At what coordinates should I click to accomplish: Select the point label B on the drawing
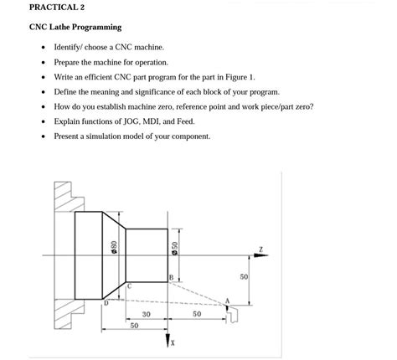tap(170, 277)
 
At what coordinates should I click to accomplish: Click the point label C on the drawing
tap(130, 285)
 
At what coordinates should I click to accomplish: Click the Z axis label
tap(262, 249)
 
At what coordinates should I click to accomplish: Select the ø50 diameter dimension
tap(174, 248)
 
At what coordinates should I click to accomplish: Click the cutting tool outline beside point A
tap(236, 313)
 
